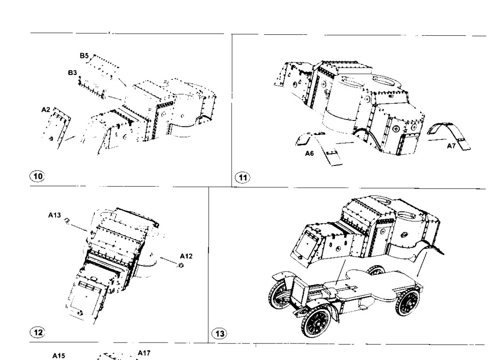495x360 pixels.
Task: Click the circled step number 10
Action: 37,176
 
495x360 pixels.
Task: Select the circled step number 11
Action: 243,178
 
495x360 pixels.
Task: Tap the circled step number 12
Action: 38,332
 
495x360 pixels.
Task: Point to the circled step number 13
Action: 219,334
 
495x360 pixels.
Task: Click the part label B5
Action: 84,56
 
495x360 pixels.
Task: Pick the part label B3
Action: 73,73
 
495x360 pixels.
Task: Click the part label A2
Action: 46,110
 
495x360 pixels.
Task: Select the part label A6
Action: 309,153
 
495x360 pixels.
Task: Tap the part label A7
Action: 451,146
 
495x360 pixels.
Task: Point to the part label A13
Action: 54,215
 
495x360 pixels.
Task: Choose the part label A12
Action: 186,256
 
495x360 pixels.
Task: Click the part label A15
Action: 58,356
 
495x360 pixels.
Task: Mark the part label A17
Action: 144,353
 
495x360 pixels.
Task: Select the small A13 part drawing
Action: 67,221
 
